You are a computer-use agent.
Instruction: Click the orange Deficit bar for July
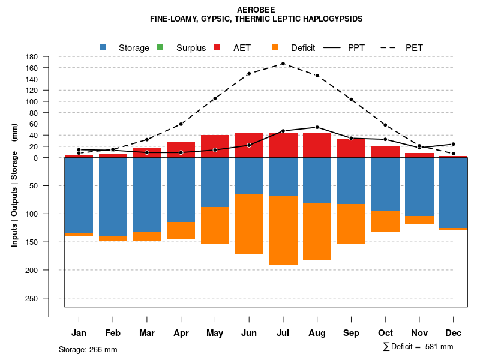pyautogui.click(x=283, y=230)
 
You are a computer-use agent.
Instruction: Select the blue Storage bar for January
pyautogui.click(x=79, y=196)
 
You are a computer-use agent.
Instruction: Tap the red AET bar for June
pyautogui.click(x=249, y=145)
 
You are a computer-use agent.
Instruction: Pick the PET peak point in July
pyautogui.click(x=283, y=64)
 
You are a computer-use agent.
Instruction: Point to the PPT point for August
pyautogui.click(x=317, y=127)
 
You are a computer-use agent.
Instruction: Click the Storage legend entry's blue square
pyautogui.click(x=103, y=47)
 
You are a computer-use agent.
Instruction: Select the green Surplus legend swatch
pyautogui.click(x=160, y=47)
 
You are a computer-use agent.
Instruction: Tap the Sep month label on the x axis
pyautogui.click(x=351, y=333)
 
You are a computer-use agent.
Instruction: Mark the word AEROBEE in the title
pyautogui.click(x=256, y=10)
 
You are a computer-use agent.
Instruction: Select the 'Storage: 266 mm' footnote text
pyautogui.click(x=88, y=349)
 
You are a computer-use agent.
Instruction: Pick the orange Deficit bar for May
pyautogui.click(x=215, y=225)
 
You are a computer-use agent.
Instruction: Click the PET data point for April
pyautogui.click(x=181, y=124)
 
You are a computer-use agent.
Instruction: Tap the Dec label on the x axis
pyautogui.click(x=454, y=333)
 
